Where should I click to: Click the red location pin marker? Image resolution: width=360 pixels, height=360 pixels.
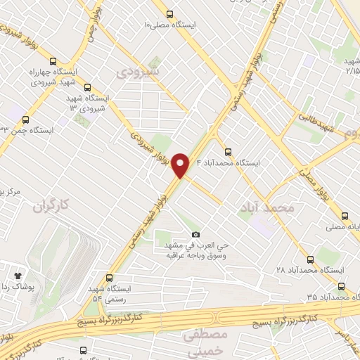click(x=181, y=165)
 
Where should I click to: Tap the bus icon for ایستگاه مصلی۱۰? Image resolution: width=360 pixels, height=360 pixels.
click(x=169, y=14)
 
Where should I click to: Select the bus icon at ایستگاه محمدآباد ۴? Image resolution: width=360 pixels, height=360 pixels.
click(x=227, y=151)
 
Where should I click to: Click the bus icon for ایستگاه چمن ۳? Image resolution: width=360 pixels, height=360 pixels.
click(x=26, y=120)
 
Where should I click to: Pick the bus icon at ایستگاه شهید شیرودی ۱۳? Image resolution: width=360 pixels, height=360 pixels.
click(x=88, y=89)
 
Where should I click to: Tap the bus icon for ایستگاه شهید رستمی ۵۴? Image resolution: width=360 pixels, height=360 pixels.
click(x=109, y=278)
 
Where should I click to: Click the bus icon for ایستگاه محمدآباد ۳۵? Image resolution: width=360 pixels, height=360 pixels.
click(x=341, y=286)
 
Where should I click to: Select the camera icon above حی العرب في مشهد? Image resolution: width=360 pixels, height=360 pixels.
click(x=195, y=234)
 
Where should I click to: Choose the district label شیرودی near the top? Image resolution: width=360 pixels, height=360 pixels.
click(x=138, y=72)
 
